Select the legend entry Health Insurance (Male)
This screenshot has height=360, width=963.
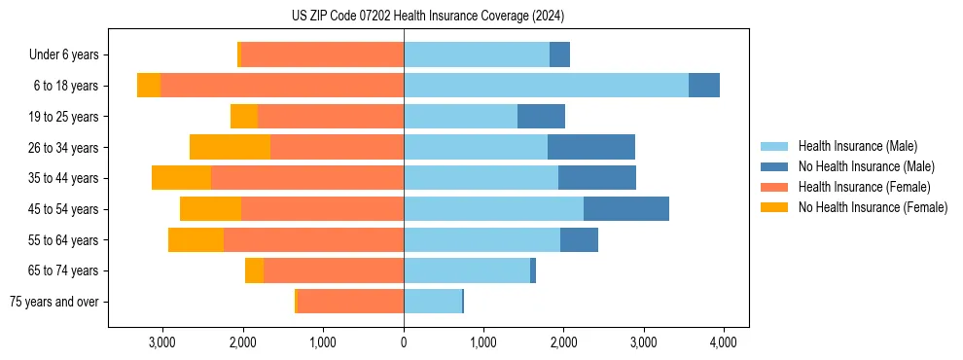click(x=857, y=146)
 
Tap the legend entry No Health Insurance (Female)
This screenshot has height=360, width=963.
click(x=873, y=207)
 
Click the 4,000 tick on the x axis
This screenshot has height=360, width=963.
click(x=723, y=342)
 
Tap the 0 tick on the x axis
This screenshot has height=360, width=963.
click(x=404, y=342)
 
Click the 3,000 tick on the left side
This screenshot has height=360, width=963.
click(x=161, y=342)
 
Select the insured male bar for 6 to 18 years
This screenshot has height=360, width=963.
click(x=546, y=86)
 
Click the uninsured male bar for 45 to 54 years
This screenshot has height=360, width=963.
click(x=626, y=209)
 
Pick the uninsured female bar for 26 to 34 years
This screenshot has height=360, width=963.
click(x=230, y=147)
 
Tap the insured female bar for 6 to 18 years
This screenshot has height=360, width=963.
click(x=282, y=86)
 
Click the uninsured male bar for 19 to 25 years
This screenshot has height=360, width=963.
click(x=541, y=117)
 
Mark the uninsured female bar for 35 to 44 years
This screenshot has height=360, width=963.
click(x=181, y=178)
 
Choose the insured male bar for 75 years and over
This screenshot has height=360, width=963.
click(x=432, y=302)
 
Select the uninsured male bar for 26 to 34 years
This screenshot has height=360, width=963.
click(x=591, y=147)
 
